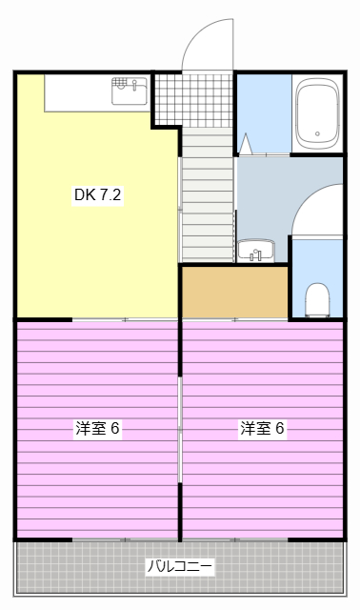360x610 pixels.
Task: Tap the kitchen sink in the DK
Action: pos(129,91)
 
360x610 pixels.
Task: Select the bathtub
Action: pos(318,113)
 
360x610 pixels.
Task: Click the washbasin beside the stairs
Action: pos(255,252)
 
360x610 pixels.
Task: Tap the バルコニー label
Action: pos(180,566)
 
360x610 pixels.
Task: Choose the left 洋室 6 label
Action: pos(97,429)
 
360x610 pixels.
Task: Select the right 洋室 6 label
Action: pos(262,429)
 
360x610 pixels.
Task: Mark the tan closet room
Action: pos(234,293)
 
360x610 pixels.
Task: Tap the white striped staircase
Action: pos(208,195)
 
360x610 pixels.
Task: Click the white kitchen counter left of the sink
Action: pos(76,91)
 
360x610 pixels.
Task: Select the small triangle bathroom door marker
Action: pos(246,145)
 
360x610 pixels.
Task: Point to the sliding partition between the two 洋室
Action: pos(180,429)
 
